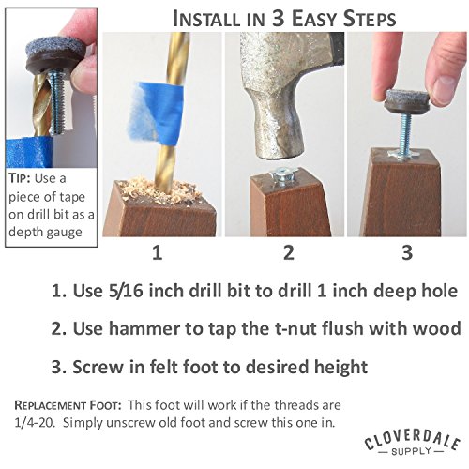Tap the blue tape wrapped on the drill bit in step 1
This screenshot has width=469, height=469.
(156, 113)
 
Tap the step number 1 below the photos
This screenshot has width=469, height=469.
(158, 252)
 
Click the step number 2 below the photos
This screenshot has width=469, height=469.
(289, 252)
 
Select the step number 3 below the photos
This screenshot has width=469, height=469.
(407, 252)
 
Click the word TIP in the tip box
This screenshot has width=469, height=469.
(20, 178)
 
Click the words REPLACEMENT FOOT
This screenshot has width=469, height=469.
(68, 405)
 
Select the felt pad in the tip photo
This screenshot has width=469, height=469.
(55, 49)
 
